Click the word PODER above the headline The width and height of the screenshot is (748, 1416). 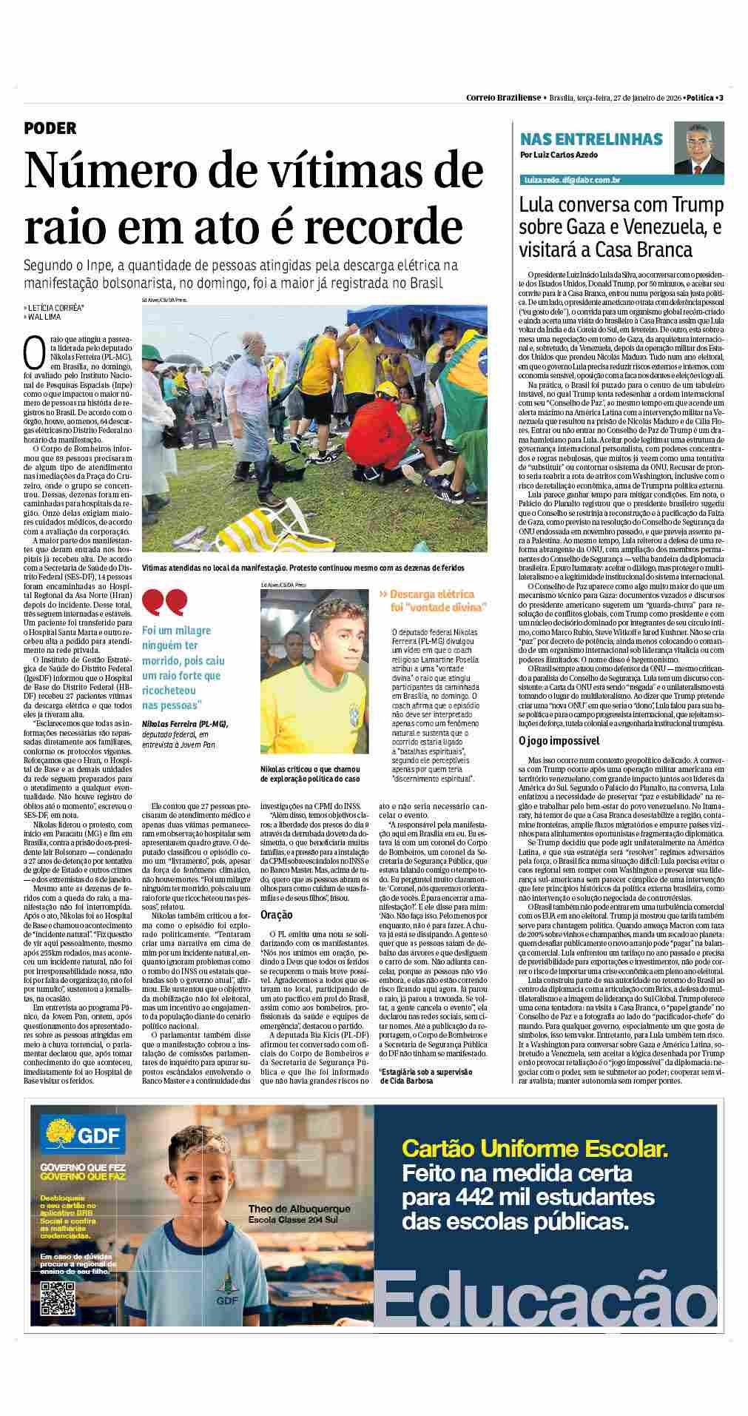(x=50, y=128)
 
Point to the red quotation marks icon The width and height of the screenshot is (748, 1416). (x=164, y=603)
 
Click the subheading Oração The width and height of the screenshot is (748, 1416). (x=276, y=915)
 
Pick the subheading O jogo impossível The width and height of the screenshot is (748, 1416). (x=559, y=740)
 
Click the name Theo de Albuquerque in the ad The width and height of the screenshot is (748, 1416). (x=299, y=1209)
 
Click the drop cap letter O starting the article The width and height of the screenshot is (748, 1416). (x=33, y=353)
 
